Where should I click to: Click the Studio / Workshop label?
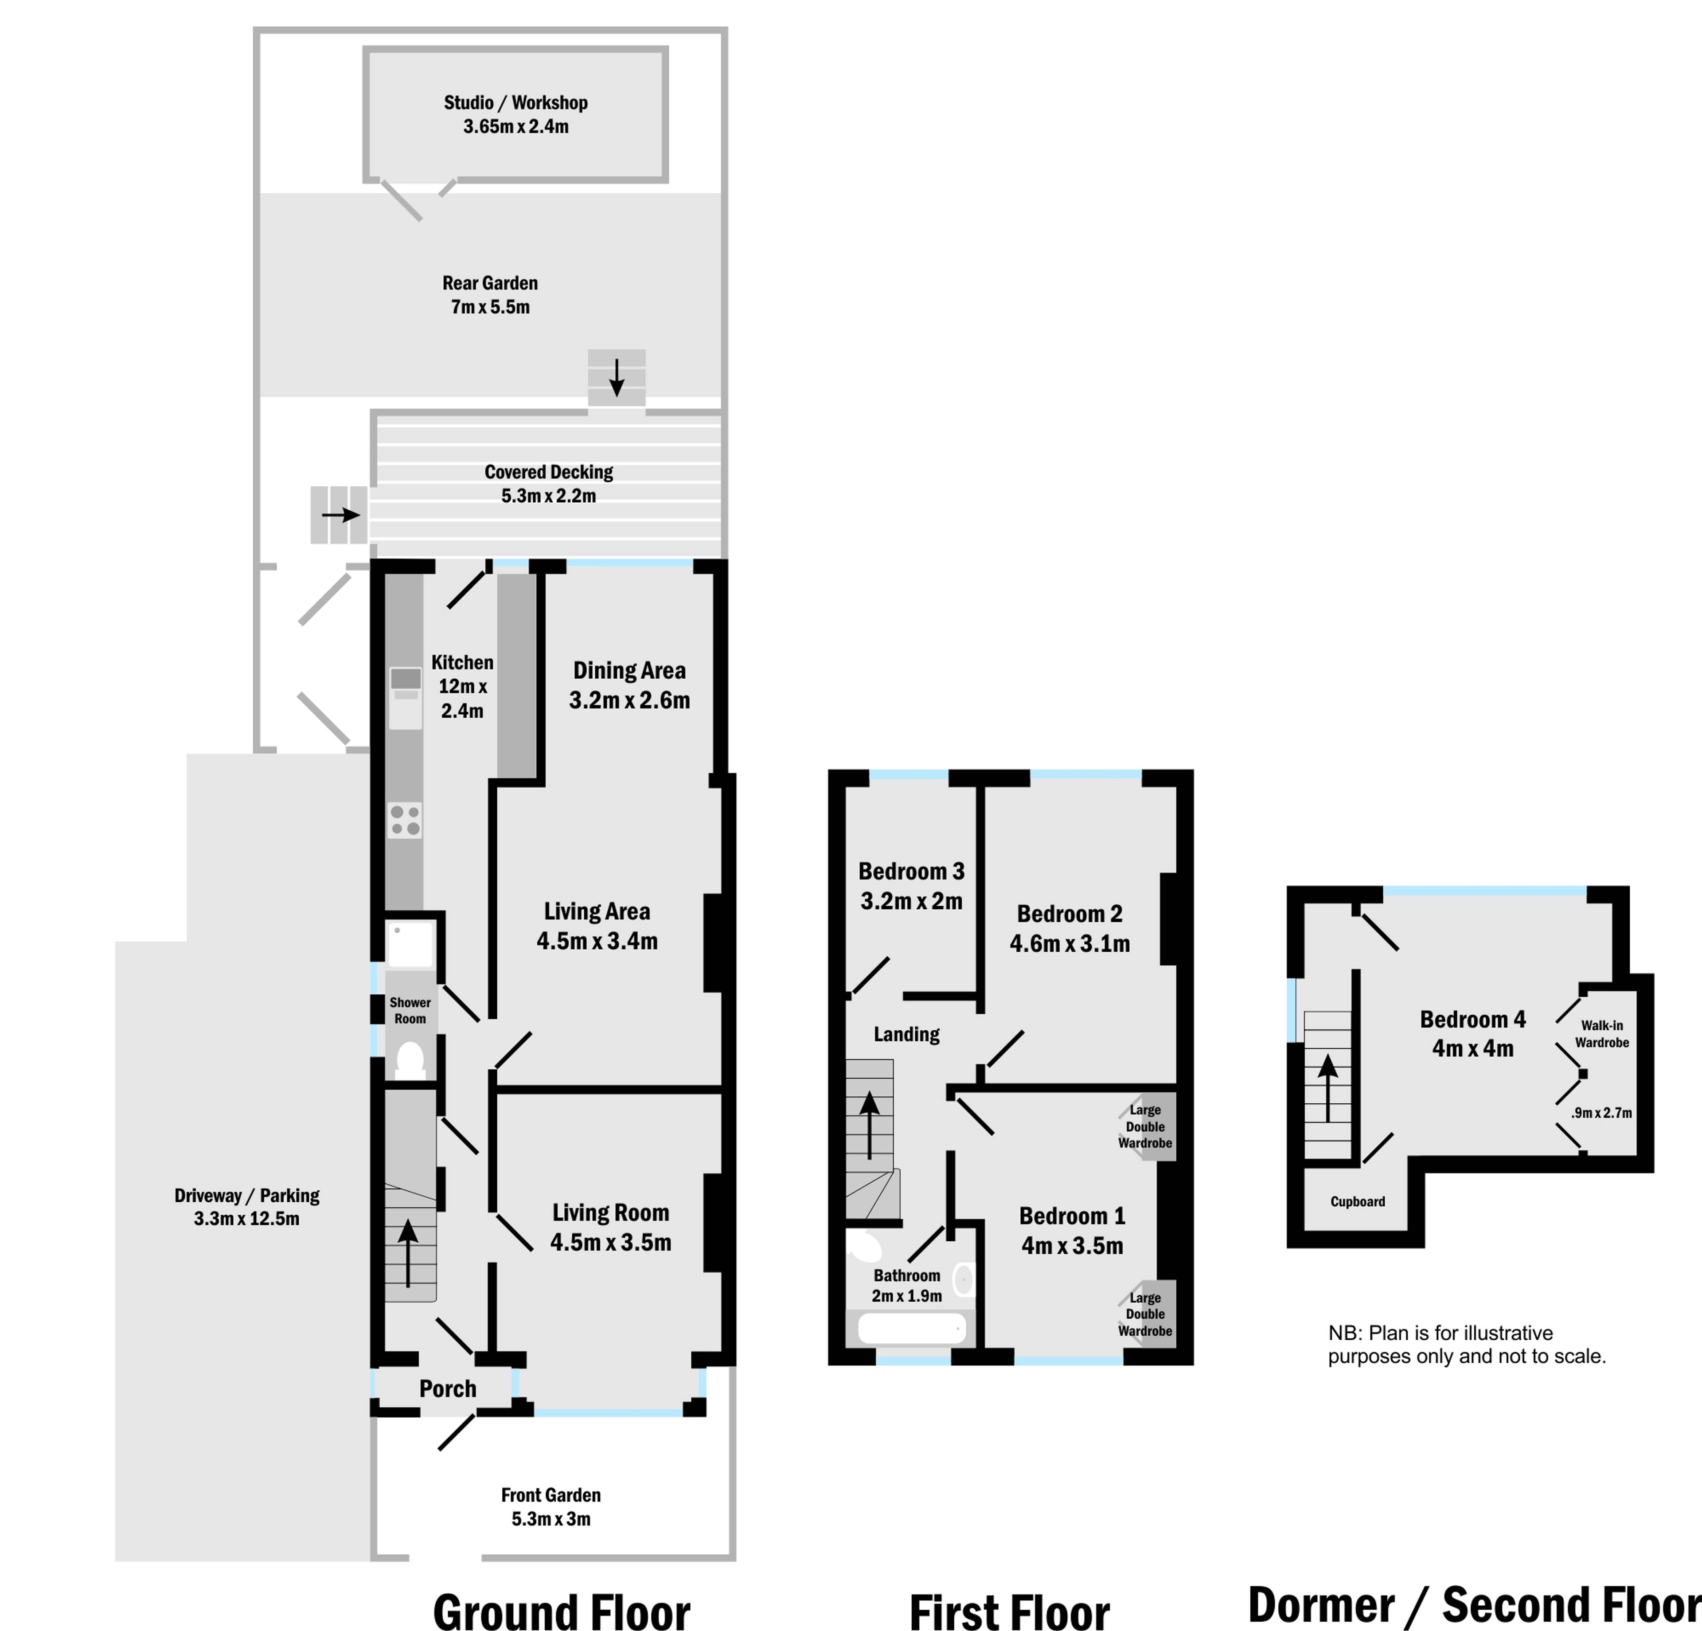[x=516, y=102]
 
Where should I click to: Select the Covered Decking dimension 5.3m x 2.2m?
[x=549, y=496]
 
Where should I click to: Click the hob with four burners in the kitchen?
[x=405, y=820]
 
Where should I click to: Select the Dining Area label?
[x=629, y=670]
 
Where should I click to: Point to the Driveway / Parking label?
[x=246, y=1196]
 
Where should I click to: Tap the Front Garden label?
[x=550, y=1494]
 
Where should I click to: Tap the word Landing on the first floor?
[x=906, y=1034]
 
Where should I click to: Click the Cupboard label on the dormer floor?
[x=1357, y=1202]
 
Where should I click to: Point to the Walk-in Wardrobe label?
[x=1602, y=1033]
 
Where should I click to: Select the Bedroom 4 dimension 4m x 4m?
[x=1473, y=1048]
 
